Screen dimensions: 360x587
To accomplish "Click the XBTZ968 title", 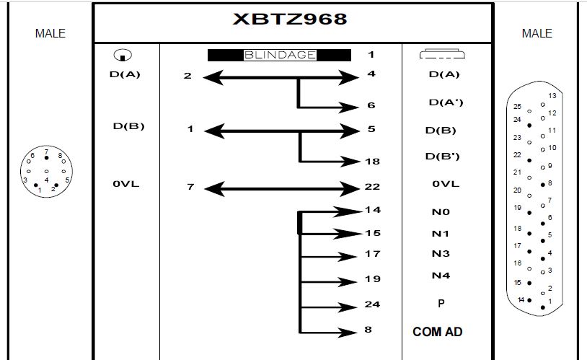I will click(x=290, y=19).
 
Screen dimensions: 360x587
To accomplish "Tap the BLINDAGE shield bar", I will click(x=279, y=55).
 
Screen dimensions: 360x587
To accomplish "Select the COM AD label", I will click(x=437, y=332).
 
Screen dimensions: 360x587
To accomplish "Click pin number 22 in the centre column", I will click(x=372, y=187).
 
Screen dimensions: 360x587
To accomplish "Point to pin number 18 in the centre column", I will click(x=372, y=162).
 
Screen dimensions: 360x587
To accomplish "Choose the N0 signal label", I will click(x=441, y=213).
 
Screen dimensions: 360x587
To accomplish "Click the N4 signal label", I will click(x=441, y=276).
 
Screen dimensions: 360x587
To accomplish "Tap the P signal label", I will click(x=441, y=304).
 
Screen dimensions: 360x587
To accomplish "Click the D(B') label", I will click(x=446, y=156).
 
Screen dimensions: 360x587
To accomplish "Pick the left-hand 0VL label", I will click(x=125, y=184).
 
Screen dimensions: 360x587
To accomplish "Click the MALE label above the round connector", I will click(x=50, y=33).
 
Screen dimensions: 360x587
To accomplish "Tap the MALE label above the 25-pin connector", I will click(x=537, y=33).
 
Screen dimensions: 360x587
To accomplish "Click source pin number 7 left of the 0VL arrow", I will click(x=190, y=187).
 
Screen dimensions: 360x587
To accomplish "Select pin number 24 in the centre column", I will click(x=372, y=304).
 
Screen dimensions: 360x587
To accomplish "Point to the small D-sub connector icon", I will click(x=441, y=54).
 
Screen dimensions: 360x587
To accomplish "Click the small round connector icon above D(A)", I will click(x=123, y=55).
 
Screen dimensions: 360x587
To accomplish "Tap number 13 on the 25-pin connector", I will click(x=552, y=96).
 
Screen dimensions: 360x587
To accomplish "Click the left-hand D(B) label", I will click(x=128, y=127).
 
